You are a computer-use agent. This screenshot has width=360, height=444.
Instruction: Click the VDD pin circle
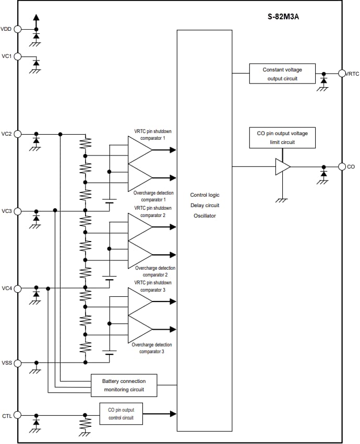pos(18,29)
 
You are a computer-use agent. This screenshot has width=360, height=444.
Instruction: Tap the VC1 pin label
pos(6,56)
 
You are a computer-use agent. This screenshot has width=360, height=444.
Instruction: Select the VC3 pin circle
pos(18,211)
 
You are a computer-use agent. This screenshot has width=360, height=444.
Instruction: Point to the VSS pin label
pos(6,363)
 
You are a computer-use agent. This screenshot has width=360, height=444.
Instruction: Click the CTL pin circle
pos(18,415)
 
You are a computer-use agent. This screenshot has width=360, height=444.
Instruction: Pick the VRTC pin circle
pos(342,74)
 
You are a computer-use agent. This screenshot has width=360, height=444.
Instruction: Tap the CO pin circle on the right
pos(342,166)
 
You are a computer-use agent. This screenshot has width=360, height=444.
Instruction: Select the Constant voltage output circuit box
pos(282,74)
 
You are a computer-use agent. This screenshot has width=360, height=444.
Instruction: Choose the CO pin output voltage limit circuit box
pos(282,137)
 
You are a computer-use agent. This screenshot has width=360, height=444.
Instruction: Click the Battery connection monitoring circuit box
pos(124,385)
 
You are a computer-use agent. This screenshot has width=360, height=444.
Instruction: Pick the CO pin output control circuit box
pos(121,414)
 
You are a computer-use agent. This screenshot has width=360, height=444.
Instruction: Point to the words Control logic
pos(205,195)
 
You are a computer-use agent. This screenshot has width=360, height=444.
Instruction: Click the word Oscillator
pos(205,215)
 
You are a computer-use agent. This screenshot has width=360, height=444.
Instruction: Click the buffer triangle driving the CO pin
pos(282,166)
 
